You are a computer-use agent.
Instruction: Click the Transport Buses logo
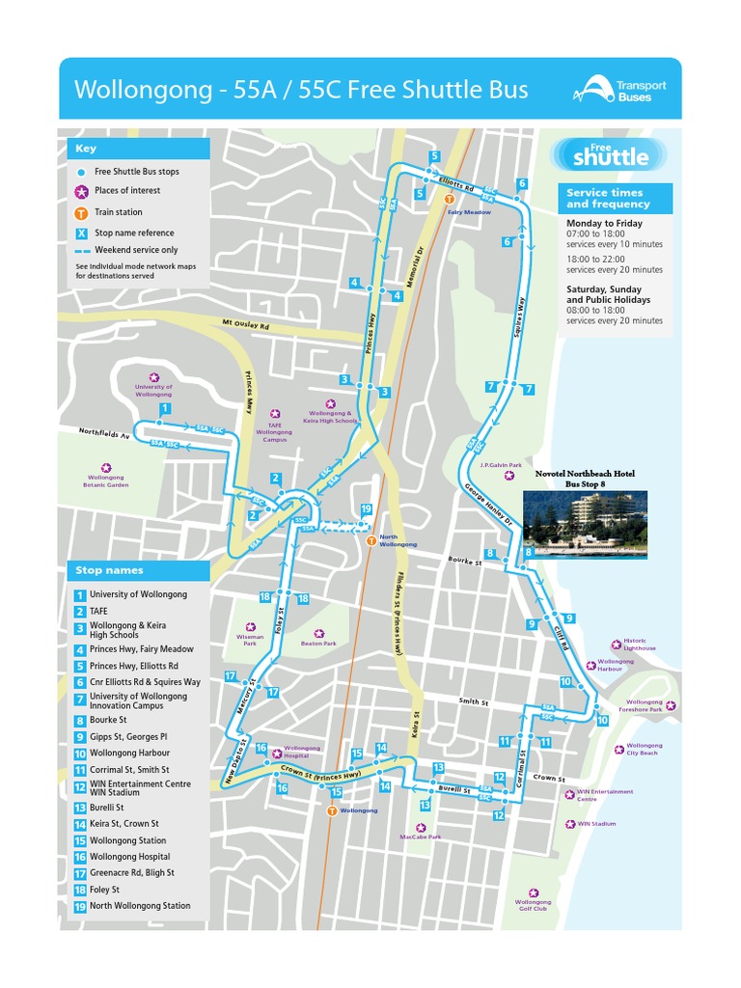point(619,91)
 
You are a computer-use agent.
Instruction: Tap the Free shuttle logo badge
point(604,153)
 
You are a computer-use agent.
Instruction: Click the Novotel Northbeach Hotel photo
point(585,523)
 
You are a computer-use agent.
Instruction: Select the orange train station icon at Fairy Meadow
point(450,199)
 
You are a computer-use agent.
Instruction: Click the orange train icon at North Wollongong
point(371,541)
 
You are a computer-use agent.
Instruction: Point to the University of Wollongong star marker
point(153,377)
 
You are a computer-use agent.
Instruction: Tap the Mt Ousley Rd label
point(245,323)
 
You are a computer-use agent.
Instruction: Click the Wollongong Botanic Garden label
point(106,480)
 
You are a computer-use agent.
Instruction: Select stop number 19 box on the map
point(366,509)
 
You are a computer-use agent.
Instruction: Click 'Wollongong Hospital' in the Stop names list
point(129,857)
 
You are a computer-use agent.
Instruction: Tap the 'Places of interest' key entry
point(126,190)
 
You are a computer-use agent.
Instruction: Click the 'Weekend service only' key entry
point(135,250)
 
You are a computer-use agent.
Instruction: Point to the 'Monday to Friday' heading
point(604,223)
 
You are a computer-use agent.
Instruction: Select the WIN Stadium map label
point(596,824)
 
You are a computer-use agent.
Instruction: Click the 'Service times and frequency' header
point(607,198)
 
